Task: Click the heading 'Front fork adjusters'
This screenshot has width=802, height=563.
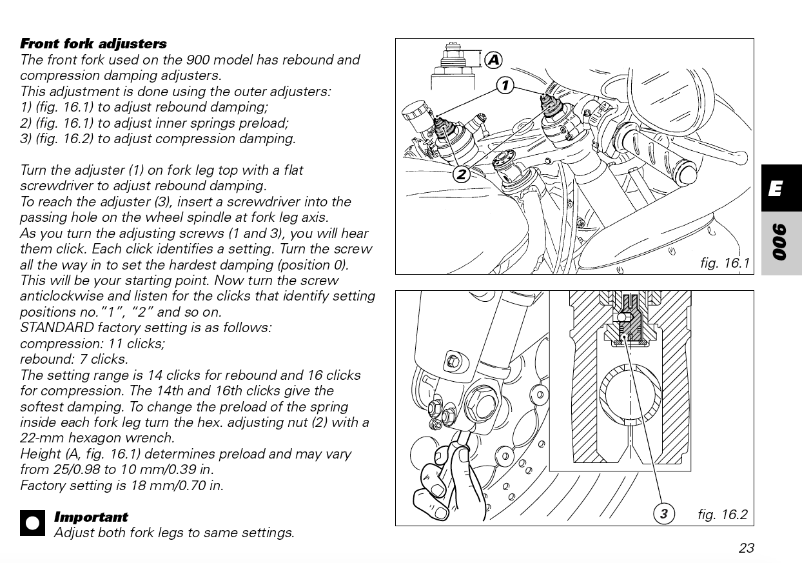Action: tap(93, 44)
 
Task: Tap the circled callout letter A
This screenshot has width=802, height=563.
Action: tap(493, 60)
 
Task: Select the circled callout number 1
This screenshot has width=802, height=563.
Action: tap(505, 84)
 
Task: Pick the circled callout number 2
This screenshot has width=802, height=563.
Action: tap(462, 173)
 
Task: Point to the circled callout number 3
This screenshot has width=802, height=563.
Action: tap(663, 513)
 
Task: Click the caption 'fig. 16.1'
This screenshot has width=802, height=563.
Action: tap(725, 263)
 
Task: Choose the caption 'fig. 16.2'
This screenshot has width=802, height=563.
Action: tap(722, 514)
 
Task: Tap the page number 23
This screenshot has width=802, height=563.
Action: tap(746, 548)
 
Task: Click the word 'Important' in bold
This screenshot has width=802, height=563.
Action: tap(91, 517)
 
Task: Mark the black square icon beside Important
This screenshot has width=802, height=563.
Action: tap(32, 523)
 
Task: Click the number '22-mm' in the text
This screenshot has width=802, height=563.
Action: tap(41, 438)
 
